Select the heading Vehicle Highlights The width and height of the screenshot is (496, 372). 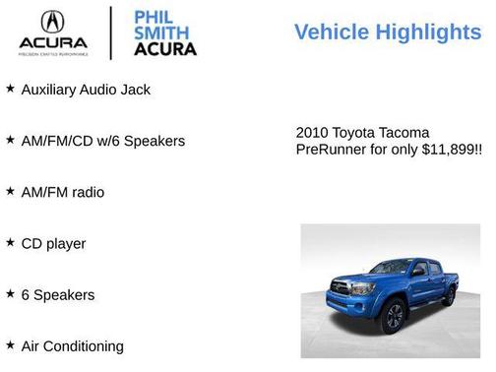point(388,32)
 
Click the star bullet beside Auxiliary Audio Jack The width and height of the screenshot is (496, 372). point(10,89)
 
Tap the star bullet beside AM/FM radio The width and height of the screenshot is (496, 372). point(10,191)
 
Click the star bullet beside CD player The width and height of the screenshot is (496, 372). point(10,242)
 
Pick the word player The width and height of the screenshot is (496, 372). point(67,244)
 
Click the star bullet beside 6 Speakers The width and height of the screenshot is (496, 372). point(10,293)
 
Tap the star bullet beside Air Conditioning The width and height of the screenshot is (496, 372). point(10,344)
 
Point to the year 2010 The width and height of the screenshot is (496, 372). point(313,133)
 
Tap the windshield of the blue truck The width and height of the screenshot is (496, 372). point(391,267)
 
